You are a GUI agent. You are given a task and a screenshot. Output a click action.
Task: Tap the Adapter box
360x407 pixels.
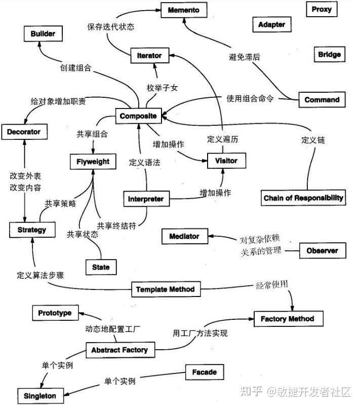[272, 24]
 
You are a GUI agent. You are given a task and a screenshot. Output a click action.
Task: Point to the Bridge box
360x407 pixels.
[329, 54]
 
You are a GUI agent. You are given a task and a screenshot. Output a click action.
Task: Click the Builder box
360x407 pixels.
[46, 34]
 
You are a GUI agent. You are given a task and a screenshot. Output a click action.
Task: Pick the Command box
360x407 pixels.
[322, 100]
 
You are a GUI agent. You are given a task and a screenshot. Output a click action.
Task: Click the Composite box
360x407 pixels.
[138, 116]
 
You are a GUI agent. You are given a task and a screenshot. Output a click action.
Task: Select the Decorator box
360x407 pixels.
[24, 132]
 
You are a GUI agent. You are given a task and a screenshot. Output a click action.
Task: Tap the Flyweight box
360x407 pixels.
[93, 162]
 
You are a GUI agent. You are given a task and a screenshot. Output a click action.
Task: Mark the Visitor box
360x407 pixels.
[222, 161]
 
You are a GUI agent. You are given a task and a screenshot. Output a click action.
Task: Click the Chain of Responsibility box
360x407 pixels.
[303, 198]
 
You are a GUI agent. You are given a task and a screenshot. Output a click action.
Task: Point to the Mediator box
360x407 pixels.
[184, 236]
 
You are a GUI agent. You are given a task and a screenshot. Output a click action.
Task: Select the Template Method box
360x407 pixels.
[165, 289]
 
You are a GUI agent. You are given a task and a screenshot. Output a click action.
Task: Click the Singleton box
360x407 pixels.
[40, 395]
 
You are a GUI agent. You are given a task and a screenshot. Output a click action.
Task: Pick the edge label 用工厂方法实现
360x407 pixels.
[200, 333]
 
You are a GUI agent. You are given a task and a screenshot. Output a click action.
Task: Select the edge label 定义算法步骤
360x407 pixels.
[39, 276]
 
